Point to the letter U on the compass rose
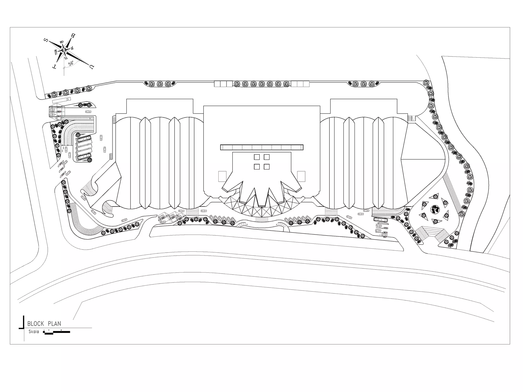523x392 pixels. (x=91, y=67)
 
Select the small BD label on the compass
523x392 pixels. (x=62, y=42)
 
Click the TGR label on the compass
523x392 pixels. (x=56, y=52)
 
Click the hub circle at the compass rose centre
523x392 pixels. (x=64, y=50)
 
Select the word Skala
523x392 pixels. (x=34, y=332)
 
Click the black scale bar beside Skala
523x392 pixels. (x=57, y=332)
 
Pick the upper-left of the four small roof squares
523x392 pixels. (x=257, y=157)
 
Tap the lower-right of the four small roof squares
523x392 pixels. (x=267, y=167)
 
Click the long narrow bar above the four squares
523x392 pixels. (x=262, y=147)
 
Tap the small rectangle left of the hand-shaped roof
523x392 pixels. (x=222, y=176)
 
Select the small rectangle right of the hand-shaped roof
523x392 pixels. (x=301, y=176)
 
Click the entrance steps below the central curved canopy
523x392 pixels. (x=262, y=219)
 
